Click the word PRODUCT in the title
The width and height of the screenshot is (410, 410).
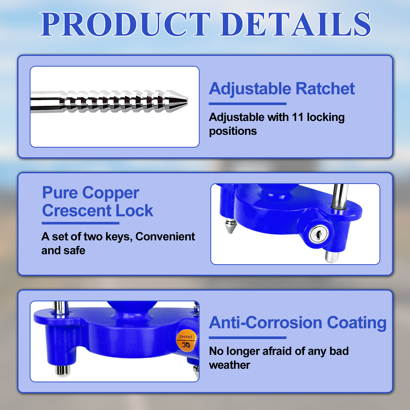pyautogui.click(x=126, y=24)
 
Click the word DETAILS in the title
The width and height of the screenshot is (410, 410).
pyautogui.click(x=296, y=24)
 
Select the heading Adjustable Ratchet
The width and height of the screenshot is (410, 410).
pyautogui.click(x=282, y=89)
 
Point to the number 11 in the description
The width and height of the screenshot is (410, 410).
pyautogui.click(x=298, y=117)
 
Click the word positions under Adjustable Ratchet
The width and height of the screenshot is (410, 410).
pyautogui.click(x=233, y=131)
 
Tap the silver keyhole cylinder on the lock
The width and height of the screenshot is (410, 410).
pyautogui.click(x=318, y=234)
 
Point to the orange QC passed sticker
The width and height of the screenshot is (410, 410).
pyautogui.click(x=186, y=341)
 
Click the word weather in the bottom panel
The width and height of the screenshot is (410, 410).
pyautogui.click(x=230, y=365)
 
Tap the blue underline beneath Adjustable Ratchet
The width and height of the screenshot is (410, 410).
pyautogui.click(x=248, y=104)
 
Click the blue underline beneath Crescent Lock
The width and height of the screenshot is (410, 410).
pyautogui.click(x=80, y=223)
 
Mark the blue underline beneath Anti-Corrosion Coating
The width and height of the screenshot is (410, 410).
pyautogui.click(x=248, y=338)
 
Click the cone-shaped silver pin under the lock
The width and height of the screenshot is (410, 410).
pyautogui.click(x=230, y=226)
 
